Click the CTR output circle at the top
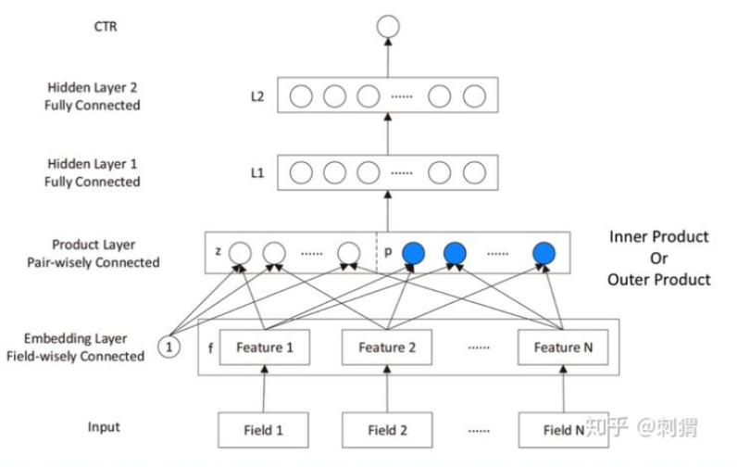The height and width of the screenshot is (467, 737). [x=387, y=28]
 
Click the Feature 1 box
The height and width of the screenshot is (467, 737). [x=264, y=347]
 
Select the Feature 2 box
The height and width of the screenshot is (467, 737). [x=387, y=347]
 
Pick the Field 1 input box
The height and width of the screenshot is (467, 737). [x=264, y=430]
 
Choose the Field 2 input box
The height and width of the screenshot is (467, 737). [x=387, y=430]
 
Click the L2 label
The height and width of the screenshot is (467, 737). [x=257, y=95]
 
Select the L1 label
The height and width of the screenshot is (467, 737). [x=257, y=172]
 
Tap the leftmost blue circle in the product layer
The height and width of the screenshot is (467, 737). [x=414, y=252]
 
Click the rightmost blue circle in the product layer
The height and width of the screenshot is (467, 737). [x=543, y=252]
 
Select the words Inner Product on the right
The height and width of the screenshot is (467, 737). [x=658, y=238]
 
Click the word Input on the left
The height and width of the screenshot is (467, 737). [x=104, y=427]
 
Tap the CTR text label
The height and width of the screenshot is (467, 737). [x=106, y=27]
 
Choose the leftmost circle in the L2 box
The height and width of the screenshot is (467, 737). [x=300, y=95]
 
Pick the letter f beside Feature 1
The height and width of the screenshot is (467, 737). [x=212, y=348]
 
